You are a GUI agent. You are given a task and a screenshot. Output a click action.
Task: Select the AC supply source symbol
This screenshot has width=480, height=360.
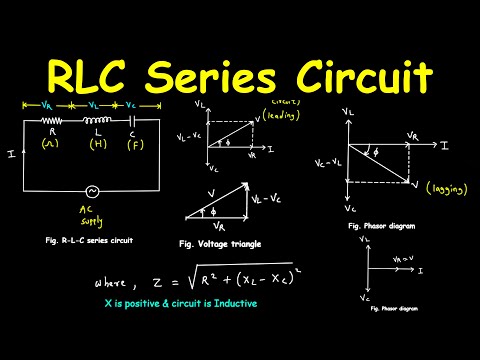pyautogui.click(x=92, y=191)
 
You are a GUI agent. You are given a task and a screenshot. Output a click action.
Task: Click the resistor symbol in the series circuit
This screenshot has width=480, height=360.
pyautogui.click(x=49, y=118)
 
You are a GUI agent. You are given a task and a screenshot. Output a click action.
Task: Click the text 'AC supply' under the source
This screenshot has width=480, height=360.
pyautogui.click(x=93, y=218)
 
